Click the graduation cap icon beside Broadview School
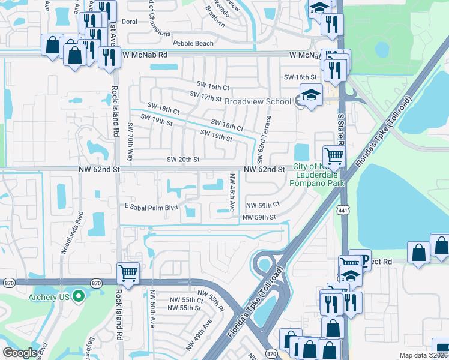(x=311, y=95)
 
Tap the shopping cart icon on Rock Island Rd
(x=128, y=274)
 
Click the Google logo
(x=20, y=353)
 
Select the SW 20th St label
(x=182, y=160)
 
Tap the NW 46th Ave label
(x=232, y=192)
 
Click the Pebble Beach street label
(x=193, y=44)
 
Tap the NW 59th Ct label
(x=263, y=205)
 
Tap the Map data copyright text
(x=423, y=355)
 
